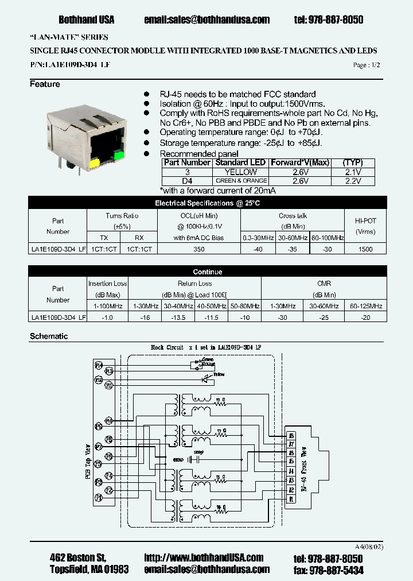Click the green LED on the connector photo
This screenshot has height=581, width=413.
[x=119, y=156]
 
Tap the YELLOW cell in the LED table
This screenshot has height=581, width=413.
[x=240, y=172]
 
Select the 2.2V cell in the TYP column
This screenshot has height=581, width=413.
[x=353, y=181]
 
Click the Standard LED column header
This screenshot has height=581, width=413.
[x=240, y=162]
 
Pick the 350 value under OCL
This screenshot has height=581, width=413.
[x=198, y=249]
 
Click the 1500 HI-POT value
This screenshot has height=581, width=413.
[x=365, y=249]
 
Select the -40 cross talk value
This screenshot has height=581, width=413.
[x=258, y=249]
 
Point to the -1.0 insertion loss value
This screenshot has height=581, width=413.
[x=107, y=317]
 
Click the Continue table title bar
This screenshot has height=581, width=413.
[x=207, y=272]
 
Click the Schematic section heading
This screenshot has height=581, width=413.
[x=49, y=336]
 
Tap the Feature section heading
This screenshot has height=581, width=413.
[x=45, y=84]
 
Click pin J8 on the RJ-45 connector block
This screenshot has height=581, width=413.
[x=291, y=436]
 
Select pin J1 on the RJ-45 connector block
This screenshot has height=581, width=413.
[x=291, y=499]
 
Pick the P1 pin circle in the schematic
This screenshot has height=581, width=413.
[x=98, y=498]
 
